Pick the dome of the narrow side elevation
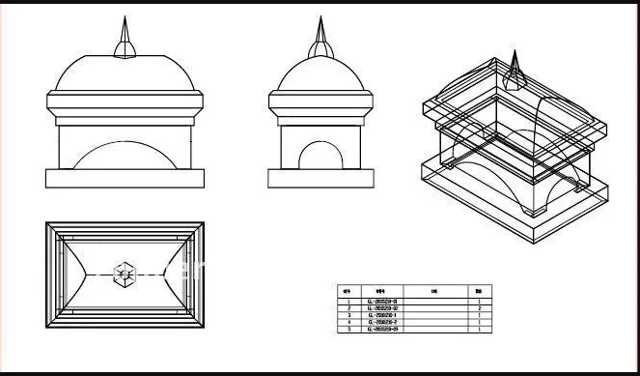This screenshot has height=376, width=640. click(x=320, y=75)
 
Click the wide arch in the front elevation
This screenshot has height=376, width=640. click(x=125, y=155)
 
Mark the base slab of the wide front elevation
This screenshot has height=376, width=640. click(x=125, y=179)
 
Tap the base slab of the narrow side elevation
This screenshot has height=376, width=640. click(x=320, y=179)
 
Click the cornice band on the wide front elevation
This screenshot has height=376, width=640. click(x=125, y=103)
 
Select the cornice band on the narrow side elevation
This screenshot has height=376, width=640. click(x=320, y=103)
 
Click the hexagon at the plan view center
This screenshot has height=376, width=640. click(x=123, y=275)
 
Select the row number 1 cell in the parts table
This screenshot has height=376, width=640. click(x=348, y=302)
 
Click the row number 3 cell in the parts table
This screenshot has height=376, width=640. click(x=348, y=315)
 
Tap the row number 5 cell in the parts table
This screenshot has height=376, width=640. click(x=348, y=330)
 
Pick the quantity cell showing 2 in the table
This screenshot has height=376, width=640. click(x=479, y=308)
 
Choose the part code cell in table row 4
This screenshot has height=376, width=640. click(x=382, y=323)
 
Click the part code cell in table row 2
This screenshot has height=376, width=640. click(x=382, y=308)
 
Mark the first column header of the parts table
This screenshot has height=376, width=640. click(x=348, y=290)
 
